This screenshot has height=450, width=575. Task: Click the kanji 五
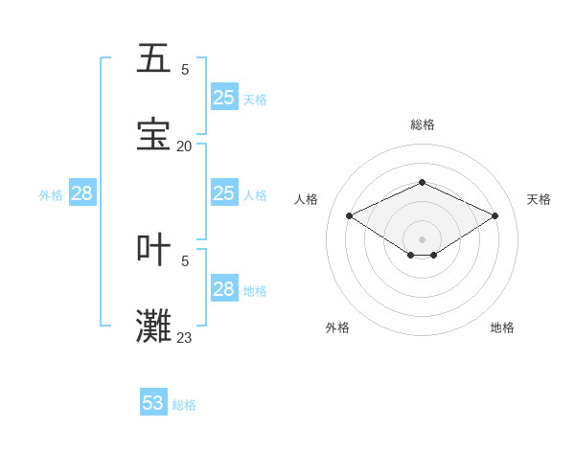click(x=153, y=58)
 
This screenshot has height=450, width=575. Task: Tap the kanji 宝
click(x=153, y=135)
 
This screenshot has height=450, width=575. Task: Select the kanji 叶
click(x=153, y=249)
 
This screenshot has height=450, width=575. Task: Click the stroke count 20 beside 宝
click(x=184, y=146)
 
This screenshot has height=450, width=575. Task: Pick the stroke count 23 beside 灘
click(x=184, y=337)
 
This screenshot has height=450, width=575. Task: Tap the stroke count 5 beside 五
click(x=184, y=69)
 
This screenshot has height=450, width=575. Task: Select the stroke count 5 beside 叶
click(x=184, y=259)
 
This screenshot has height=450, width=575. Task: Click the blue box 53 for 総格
click(x=153, y=403)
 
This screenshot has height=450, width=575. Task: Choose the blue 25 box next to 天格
click(x=224, y=98)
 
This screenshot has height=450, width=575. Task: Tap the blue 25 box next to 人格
click(x=224, y=193)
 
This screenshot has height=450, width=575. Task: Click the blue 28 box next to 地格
click(x=224, y=289)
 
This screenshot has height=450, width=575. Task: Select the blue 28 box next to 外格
click(x=82, y=193)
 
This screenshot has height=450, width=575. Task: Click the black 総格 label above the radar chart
click(x=422, y=124)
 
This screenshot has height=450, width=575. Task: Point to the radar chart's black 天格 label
click(x=539, y=199)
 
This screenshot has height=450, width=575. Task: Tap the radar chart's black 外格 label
click(x=337, y=327)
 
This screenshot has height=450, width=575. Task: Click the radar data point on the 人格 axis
click(x=350, y=216)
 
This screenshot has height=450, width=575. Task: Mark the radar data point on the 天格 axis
click(x=494, y=216)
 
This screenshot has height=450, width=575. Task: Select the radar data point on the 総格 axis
click(x=422, y=182)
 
